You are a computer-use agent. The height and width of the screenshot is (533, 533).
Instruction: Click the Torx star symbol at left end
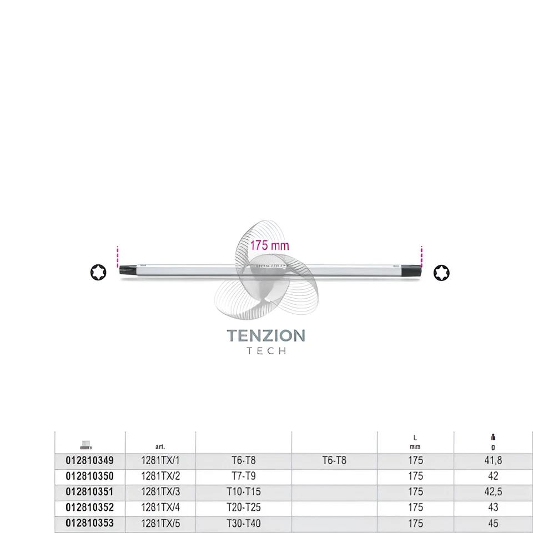pos(97,273)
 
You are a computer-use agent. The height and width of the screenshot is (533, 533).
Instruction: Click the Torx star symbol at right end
pos(442,272)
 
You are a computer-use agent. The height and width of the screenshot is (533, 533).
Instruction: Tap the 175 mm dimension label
pos(269,245)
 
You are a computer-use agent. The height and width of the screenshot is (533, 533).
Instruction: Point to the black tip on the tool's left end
pos(127,272)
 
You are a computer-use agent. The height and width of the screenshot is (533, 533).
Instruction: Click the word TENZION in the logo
pos(266,336)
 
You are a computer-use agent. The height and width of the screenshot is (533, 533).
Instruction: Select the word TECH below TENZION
pos(266,351)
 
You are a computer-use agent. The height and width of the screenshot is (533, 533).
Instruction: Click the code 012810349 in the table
pos(89,460)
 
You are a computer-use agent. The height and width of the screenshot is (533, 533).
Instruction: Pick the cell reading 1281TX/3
pos(161,491)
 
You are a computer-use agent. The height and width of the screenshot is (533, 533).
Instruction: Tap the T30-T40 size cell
pos(243,523)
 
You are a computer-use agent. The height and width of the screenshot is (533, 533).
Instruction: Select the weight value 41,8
pos(492,460)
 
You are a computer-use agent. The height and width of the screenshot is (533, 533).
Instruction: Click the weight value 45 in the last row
pos(492,523)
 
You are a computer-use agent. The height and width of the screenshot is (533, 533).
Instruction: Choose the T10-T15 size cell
pos(243,491)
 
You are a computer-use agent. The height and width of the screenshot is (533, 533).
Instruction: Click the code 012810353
pos(89,523)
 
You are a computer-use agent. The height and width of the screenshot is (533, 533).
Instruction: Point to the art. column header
pos(161,445)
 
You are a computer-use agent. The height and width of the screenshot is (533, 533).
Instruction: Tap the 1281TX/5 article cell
pos(161,523)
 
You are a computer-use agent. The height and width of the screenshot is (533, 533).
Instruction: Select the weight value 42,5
pos(492,491)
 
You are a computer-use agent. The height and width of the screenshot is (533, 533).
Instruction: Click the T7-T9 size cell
pos(243,476)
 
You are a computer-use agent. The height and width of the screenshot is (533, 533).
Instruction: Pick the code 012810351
pos(89,491)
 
